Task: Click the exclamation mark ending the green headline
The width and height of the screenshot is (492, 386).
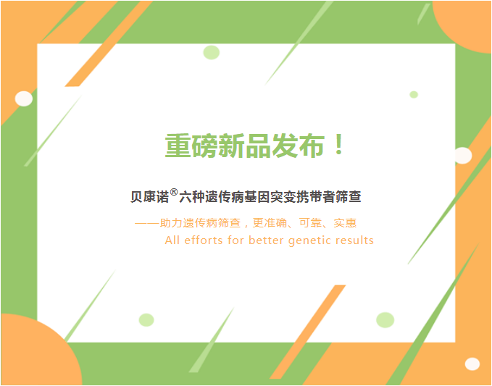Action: tap(339, 145)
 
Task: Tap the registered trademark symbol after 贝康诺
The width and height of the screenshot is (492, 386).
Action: tap(174, 192)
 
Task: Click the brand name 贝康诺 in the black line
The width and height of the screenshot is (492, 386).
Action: tap(150, 197)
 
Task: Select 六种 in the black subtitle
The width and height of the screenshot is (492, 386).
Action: tap(192, 197)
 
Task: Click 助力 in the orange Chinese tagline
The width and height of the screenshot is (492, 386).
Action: tap(171, 223)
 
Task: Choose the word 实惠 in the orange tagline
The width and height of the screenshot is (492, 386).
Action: tap(345, 223)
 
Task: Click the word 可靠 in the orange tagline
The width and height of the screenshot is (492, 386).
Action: tap(310, 223)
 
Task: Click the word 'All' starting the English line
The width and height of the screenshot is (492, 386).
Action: tap(172, 240)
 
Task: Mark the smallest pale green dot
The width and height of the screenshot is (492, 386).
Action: tap(414, 94)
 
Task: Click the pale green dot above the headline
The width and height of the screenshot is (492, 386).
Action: tap(211, 52)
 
